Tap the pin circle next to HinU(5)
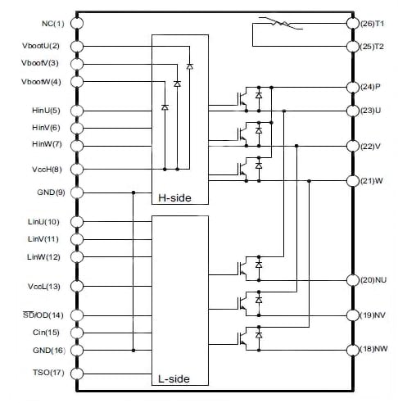pos(76,111)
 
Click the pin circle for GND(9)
pos(76,192)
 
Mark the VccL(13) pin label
pos(42,287)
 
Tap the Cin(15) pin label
pos(45,333)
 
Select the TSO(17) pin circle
pos(76,374)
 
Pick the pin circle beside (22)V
pos(353,146)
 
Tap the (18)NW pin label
pos(374,350)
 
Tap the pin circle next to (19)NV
pos(353,315)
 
